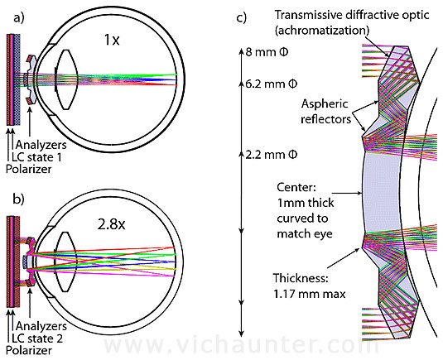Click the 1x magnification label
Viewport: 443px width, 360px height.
tap(112, 40)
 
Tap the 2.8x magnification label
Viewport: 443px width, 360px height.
tap(111, 224)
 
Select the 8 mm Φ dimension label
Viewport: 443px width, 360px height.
tap(267, 52)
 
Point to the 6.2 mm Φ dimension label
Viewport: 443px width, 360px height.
tap(272, 84)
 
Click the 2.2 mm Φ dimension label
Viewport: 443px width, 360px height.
tap(272, 155)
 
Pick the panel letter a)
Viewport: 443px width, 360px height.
tap(19, 17)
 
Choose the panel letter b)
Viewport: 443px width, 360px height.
tap(19, 199)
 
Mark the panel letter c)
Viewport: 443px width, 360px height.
tap(241, 17)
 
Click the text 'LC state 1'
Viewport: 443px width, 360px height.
tap(36, 157)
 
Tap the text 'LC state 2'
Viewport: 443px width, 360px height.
tap(37, 338)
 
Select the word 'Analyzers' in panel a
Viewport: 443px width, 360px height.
tap(41, 145)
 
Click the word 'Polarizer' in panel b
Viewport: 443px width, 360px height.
tap(29, 350)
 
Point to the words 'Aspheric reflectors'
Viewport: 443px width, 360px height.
tap(325, 112)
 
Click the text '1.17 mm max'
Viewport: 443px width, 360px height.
tap(310, 294)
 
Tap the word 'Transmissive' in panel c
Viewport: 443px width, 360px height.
tap(309, 15)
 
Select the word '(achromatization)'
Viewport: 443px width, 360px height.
tap(322, 31)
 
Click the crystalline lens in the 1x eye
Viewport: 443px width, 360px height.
tap(67, 79)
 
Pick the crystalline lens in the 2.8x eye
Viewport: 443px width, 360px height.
tap(67, 262)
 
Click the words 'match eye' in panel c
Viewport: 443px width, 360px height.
tap(305, 233)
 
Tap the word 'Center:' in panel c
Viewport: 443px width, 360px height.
tap(296, 187)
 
